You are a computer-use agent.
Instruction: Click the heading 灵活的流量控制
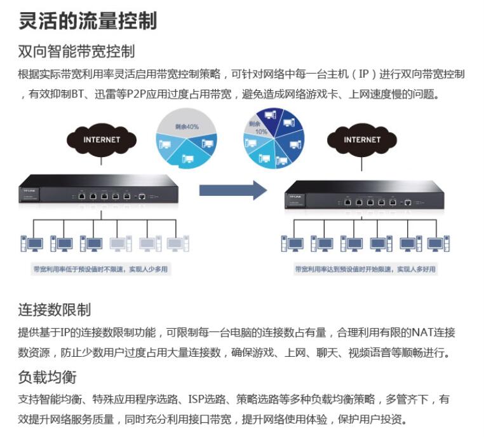[88, 20]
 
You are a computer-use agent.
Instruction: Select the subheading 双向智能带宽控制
[76, 51]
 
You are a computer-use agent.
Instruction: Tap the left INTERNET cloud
[102, 139]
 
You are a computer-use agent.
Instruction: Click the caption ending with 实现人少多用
[101, 269]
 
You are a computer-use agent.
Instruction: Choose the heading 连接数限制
[54, 310]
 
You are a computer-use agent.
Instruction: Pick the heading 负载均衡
[47, 377]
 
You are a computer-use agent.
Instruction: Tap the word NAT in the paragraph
[422, 332]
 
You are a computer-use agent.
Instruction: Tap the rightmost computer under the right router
[438, 243]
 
